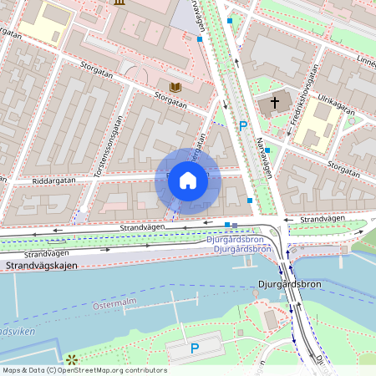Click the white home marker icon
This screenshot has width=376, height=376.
point(188,180)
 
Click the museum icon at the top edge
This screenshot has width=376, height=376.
point(119,3)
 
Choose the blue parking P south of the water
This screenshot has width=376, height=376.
point(195,348)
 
